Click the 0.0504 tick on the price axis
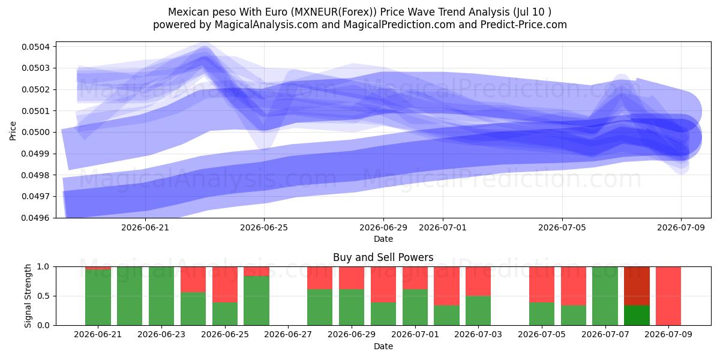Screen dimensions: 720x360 [35, 47]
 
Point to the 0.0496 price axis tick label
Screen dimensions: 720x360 [35, 218]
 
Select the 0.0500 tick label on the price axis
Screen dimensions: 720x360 [35, 133]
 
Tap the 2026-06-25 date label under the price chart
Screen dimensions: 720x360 [264, 227]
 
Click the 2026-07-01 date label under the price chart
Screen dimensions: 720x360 [443, 227]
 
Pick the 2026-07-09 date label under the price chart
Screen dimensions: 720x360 [681, 227]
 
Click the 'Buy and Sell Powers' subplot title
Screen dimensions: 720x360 [383, 257]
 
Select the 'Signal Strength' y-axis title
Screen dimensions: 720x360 [28, 296]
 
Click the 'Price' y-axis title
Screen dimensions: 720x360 [13, 131]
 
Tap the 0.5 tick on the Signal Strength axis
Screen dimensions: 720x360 [43, 296]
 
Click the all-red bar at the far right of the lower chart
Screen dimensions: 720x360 [668, 296]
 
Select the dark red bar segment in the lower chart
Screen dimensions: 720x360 [637, 286]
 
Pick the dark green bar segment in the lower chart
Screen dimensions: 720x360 [637, 316]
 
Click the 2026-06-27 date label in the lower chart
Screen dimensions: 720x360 [288, 335]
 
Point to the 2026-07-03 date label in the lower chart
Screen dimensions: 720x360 [478, 335]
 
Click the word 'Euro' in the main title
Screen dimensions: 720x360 [277, 12]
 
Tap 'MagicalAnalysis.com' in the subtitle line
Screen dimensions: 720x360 [266, 25]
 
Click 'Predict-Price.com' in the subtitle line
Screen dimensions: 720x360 [524, 25]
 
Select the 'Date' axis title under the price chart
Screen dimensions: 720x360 [383, 239]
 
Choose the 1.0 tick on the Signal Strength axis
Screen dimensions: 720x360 [43, 267]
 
